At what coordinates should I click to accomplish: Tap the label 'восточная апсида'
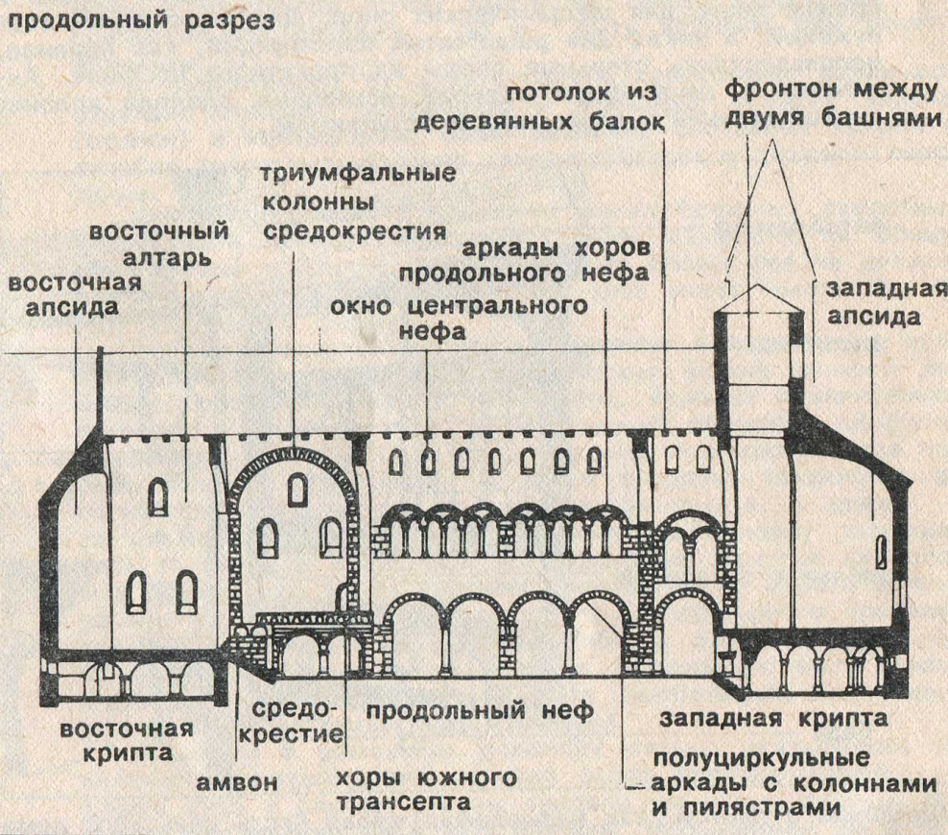coord(75,295)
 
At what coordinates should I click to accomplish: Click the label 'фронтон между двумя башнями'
coord(830,104)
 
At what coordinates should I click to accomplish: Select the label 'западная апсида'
coord(873,302)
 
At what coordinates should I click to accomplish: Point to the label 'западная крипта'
coord(773,717)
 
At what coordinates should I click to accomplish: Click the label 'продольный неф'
coord(479,712)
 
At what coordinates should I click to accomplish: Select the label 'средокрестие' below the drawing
coord(296,723)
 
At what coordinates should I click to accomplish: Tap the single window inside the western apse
coord(881,553)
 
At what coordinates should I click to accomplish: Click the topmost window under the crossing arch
coord(297,492)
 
